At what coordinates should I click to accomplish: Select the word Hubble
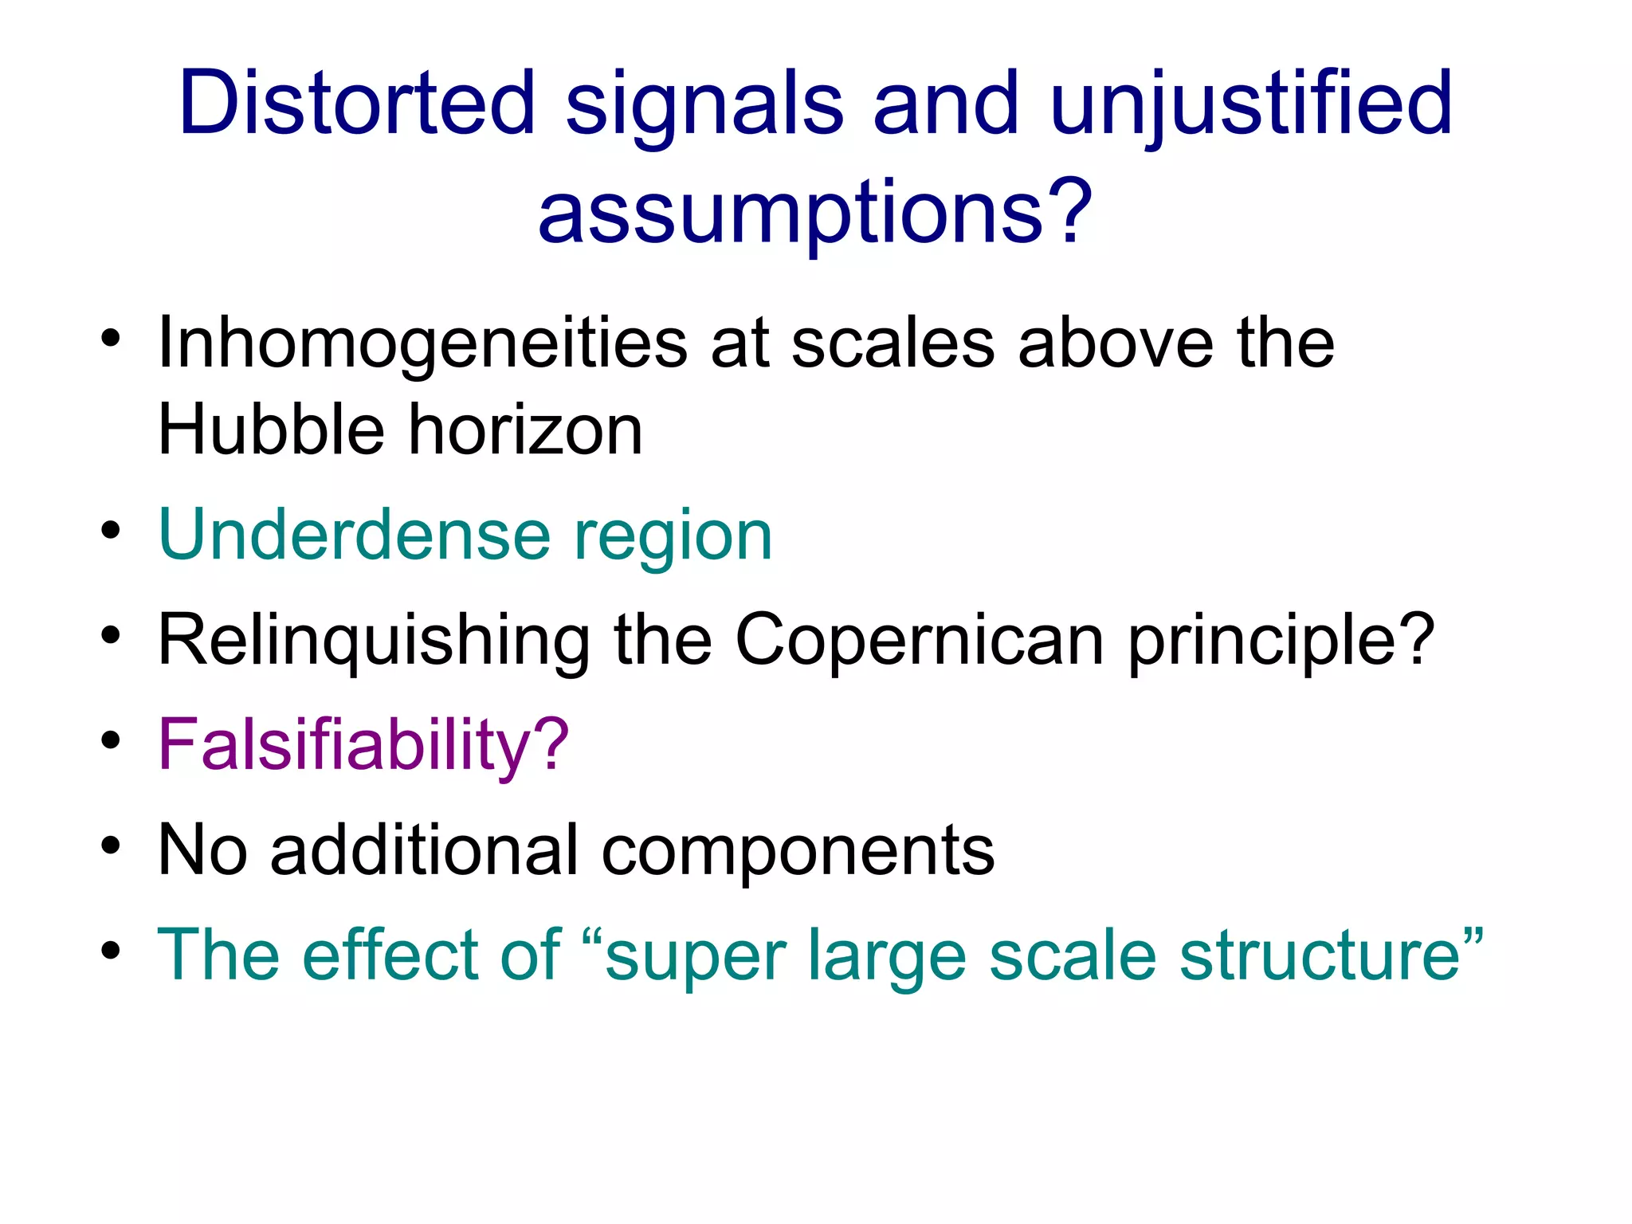(271, 430)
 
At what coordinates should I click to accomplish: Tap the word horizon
(526, 430)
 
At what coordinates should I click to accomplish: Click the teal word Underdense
(355, 535)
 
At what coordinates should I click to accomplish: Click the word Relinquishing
(375, 642)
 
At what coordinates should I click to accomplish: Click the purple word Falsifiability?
(363, 746)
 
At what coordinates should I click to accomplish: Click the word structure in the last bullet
(1331, 955)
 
